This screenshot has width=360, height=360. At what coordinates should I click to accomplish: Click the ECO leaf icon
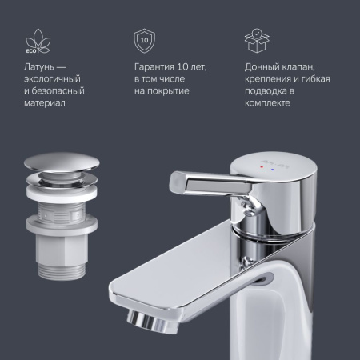(38, 41)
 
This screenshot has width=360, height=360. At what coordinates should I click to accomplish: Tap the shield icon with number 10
(144, 41)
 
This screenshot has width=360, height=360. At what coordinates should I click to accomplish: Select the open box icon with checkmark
(257, 41)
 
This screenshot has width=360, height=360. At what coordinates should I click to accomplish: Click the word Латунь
(39, 66)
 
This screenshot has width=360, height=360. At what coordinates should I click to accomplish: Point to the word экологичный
(52, 79)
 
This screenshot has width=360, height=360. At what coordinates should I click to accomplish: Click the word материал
(45, 103)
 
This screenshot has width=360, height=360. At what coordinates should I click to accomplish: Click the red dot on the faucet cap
(262, 167)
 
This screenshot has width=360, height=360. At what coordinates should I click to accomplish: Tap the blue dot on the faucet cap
(272, 169)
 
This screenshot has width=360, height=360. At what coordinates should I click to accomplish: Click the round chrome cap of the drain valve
(62, 163)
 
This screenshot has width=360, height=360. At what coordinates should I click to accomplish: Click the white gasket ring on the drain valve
(62, 191)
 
